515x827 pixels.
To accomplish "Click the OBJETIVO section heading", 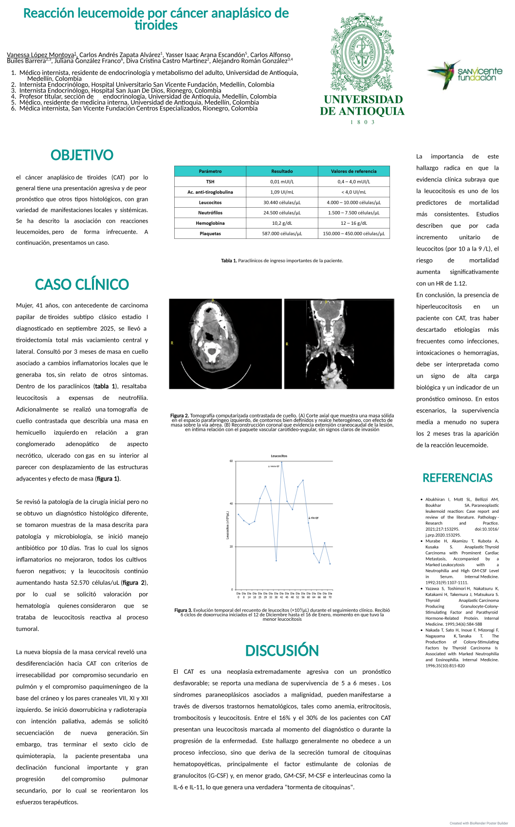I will point(82,155).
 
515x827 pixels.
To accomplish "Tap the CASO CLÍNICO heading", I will point(82,285).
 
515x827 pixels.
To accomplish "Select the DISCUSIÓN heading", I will point(282,651).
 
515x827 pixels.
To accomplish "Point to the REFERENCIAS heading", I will point(458,478).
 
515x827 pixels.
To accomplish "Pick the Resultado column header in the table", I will point(282,171).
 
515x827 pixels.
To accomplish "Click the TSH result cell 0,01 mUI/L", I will point(282,181).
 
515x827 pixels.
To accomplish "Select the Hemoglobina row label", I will point(210,223).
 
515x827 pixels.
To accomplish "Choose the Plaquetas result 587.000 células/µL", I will point(282,234).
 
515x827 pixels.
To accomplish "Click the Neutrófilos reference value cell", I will point(353,213).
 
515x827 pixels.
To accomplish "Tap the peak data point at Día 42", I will point(282,463).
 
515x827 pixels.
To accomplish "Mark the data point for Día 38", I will point(276,560).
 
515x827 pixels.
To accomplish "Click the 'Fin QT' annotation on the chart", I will point(314,518).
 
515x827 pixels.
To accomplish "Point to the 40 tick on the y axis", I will point(231,504).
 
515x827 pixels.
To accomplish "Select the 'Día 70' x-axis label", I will point(330,595).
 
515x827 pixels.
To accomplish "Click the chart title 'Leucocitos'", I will point(279,456).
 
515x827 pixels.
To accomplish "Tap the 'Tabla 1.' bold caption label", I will point(229,261).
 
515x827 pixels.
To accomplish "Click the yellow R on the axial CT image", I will point(172,343).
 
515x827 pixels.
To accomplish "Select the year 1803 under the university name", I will point(362,122).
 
